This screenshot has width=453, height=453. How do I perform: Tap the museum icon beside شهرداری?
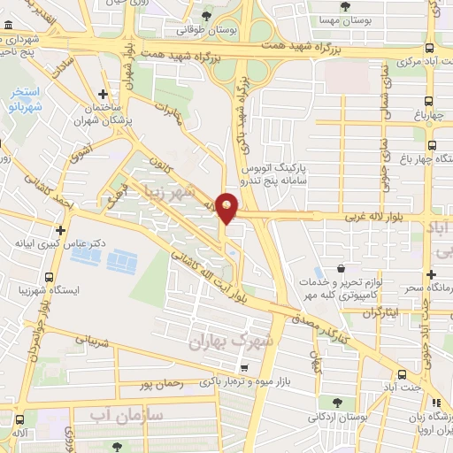(x=9, y=38)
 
